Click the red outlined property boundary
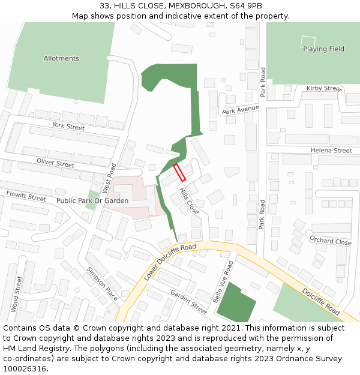pyautogui.click(x=179, y=172)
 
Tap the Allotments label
pyautogui.click(x=61, y=58)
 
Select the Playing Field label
pyautogui.click(x=323, y=49)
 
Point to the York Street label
pyautogui.click(x=68, y=126)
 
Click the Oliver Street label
pyautogui.click(x=55, y=163)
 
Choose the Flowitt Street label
pyautogui.click(x=26, y=196)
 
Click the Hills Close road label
pyautogui.click(x=189, y=200)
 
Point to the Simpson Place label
pyautogui.click(x=102, y=284)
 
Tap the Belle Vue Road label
pyautogui.click(x=223, y=281)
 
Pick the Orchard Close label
pyautogui.click(x=331, y=241)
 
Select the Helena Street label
pyautogui.click(x=331, y=150)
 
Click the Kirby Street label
pyautogui.click(x=323, y=88)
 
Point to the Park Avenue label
pyautogui.click(x=240, y=110)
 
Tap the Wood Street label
pyautogui.click(x=16, y=293)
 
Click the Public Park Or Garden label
pyautogui.click(x=92, y=200)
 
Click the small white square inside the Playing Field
pyautogui.click(x=308, y=41)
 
